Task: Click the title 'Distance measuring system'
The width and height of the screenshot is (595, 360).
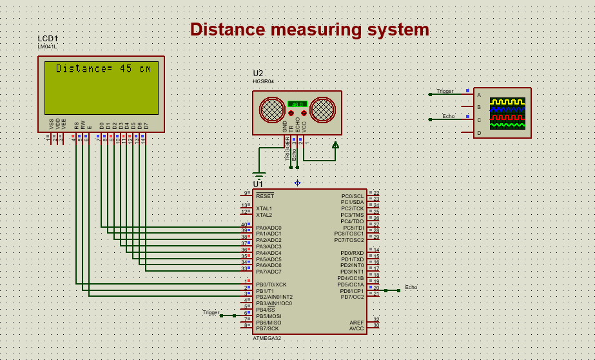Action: point(309,30)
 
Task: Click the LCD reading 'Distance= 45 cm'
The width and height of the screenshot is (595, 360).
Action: point(103,68)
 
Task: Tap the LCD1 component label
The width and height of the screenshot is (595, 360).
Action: point(48,39)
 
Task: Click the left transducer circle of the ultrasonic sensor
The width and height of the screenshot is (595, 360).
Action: point(271,110)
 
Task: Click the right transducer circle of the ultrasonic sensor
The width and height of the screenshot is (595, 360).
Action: point(322,110)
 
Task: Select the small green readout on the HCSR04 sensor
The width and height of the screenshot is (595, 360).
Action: point(297,104)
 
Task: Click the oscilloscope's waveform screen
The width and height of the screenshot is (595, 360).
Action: point(507,114)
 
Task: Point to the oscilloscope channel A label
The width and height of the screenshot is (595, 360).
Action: point(478,95)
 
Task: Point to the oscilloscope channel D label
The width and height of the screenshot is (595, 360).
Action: point(478,133)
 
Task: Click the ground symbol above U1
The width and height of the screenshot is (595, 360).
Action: point(259,174)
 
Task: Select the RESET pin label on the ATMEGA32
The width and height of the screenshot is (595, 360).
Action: point(265,195)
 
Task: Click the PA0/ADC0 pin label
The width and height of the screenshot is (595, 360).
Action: point(268,228)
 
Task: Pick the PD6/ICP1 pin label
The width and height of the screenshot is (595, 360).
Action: point(352,290)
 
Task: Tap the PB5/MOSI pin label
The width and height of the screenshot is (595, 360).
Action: point(269,316)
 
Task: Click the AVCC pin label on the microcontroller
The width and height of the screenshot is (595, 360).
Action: point(356,328)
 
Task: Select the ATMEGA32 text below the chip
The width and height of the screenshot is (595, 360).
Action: point(267,338)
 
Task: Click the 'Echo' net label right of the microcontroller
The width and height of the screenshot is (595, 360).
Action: point(411,287)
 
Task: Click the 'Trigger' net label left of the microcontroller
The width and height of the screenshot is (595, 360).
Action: point(211,312)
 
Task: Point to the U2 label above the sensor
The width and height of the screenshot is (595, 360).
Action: point(258,74)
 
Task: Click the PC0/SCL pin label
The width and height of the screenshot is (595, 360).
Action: point(353,195)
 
